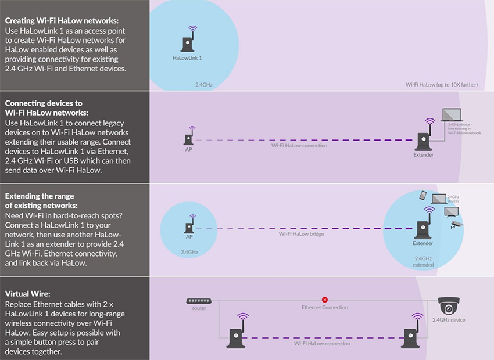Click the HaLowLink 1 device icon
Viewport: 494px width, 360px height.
(x=187, y=42)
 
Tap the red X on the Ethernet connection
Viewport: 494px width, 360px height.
(x=324, y=300)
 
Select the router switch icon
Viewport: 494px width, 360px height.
(x=199, y=301)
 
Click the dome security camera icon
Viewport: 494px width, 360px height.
(x=449, y=305)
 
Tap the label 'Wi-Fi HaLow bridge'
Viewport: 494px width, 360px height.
(x=301, y=234)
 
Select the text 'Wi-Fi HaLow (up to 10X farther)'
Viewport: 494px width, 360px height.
(x=441, y=85)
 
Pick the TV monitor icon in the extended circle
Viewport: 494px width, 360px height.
(x=452, y=211)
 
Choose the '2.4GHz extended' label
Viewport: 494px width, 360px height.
(x=423, y=261)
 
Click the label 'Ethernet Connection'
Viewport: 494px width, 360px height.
(x=324, y=308)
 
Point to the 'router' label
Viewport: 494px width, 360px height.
(x=199, y=308)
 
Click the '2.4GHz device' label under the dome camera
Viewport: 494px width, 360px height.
(x=449, y=320)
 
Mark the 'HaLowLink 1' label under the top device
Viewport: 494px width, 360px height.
(x=187, y=58)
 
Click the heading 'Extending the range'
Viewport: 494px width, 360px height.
(x=40, y=196)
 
